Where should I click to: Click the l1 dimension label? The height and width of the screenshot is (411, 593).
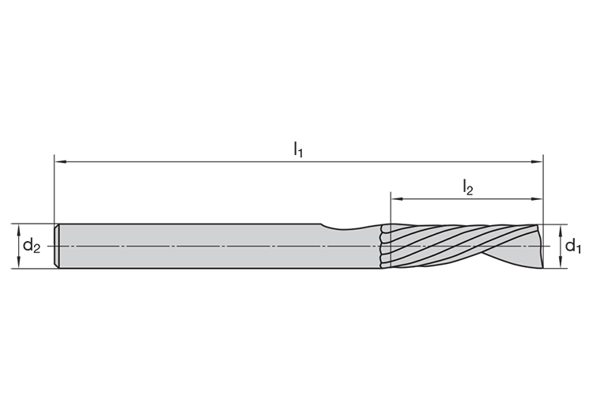tap(298, 150)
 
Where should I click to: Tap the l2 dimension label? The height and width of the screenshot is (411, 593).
tap(468, 187)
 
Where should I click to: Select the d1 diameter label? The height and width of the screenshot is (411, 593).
tap(572, 247)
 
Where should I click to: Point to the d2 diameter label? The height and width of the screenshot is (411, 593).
tap(32, 246)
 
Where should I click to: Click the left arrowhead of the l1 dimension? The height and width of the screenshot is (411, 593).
tap(61, 162)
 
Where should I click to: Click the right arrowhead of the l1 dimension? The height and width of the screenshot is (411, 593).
tap(537, 162)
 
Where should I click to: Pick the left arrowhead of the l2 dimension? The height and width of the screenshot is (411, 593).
tap(397, 198)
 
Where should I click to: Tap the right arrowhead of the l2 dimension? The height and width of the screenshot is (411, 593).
tap(537, 198)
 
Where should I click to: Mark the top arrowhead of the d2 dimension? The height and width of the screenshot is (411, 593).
tap(18, 229)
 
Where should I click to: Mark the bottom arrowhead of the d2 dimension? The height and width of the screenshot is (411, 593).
tap(18, 262)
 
